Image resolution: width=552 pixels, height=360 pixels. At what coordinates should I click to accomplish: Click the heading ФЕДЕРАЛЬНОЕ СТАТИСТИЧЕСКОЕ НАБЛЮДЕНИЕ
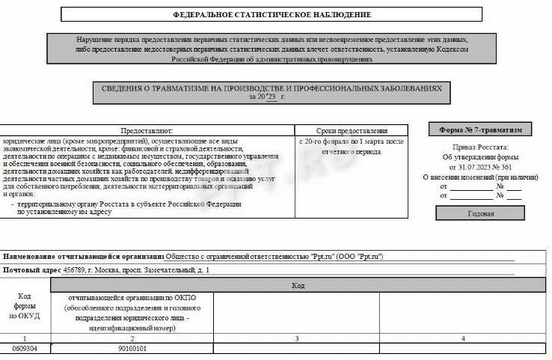pos(272,14)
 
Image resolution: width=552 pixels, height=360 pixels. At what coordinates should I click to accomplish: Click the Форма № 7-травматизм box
pos(480,129)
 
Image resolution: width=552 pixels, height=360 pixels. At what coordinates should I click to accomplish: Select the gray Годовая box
pos(480,213)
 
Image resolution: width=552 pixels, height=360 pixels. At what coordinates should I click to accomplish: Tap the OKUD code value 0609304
pos(25,349)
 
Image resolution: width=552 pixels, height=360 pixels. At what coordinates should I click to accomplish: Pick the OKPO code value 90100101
pos(132,349)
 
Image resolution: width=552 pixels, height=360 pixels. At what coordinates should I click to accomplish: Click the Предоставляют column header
pos(147,130)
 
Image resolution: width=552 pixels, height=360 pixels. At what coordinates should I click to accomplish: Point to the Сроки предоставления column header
pos(352,130)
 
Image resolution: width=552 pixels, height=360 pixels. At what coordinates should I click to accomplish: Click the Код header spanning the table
pos(298,286)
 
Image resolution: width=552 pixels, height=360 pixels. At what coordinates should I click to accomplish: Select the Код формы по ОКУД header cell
pos(25,306)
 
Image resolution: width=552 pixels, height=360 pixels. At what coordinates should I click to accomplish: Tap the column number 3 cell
pos(297,339)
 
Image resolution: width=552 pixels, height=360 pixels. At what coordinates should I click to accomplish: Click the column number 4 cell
pos(463,339)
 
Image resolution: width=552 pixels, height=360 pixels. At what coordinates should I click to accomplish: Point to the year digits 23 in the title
pos(271,97)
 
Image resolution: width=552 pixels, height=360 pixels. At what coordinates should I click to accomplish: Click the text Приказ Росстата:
pos(479,147)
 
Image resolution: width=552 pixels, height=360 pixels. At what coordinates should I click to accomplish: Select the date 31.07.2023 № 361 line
pos(479,167)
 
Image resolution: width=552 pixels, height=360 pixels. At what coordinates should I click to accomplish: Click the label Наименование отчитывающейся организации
pos(83,256)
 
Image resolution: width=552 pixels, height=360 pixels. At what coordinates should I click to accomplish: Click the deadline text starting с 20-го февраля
pos(351,141)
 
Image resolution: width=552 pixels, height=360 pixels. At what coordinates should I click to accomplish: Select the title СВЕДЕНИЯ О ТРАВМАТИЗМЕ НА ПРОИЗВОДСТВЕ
pos(272,88)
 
